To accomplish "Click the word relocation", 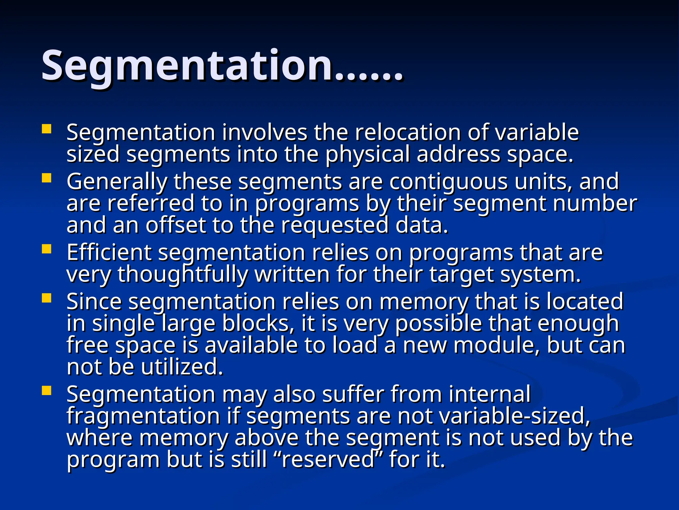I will tap(407, 132).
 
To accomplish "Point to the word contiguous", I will tap(448, 182).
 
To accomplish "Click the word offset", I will tap(176, 225).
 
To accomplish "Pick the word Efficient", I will tap(109, 253).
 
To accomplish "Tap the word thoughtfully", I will tap(183, 275).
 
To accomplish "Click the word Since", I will tap(94, 301).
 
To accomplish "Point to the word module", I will tap(497, 345).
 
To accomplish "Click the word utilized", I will tap(182, 367).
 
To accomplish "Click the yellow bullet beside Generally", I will tap(47, 178).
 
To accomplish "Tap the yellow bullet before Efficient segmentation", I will tap(47, 249).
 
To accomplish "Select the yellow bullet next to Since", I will tap(47, 298).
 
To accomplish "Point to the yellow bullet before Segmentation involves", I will tap(47, 129).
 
